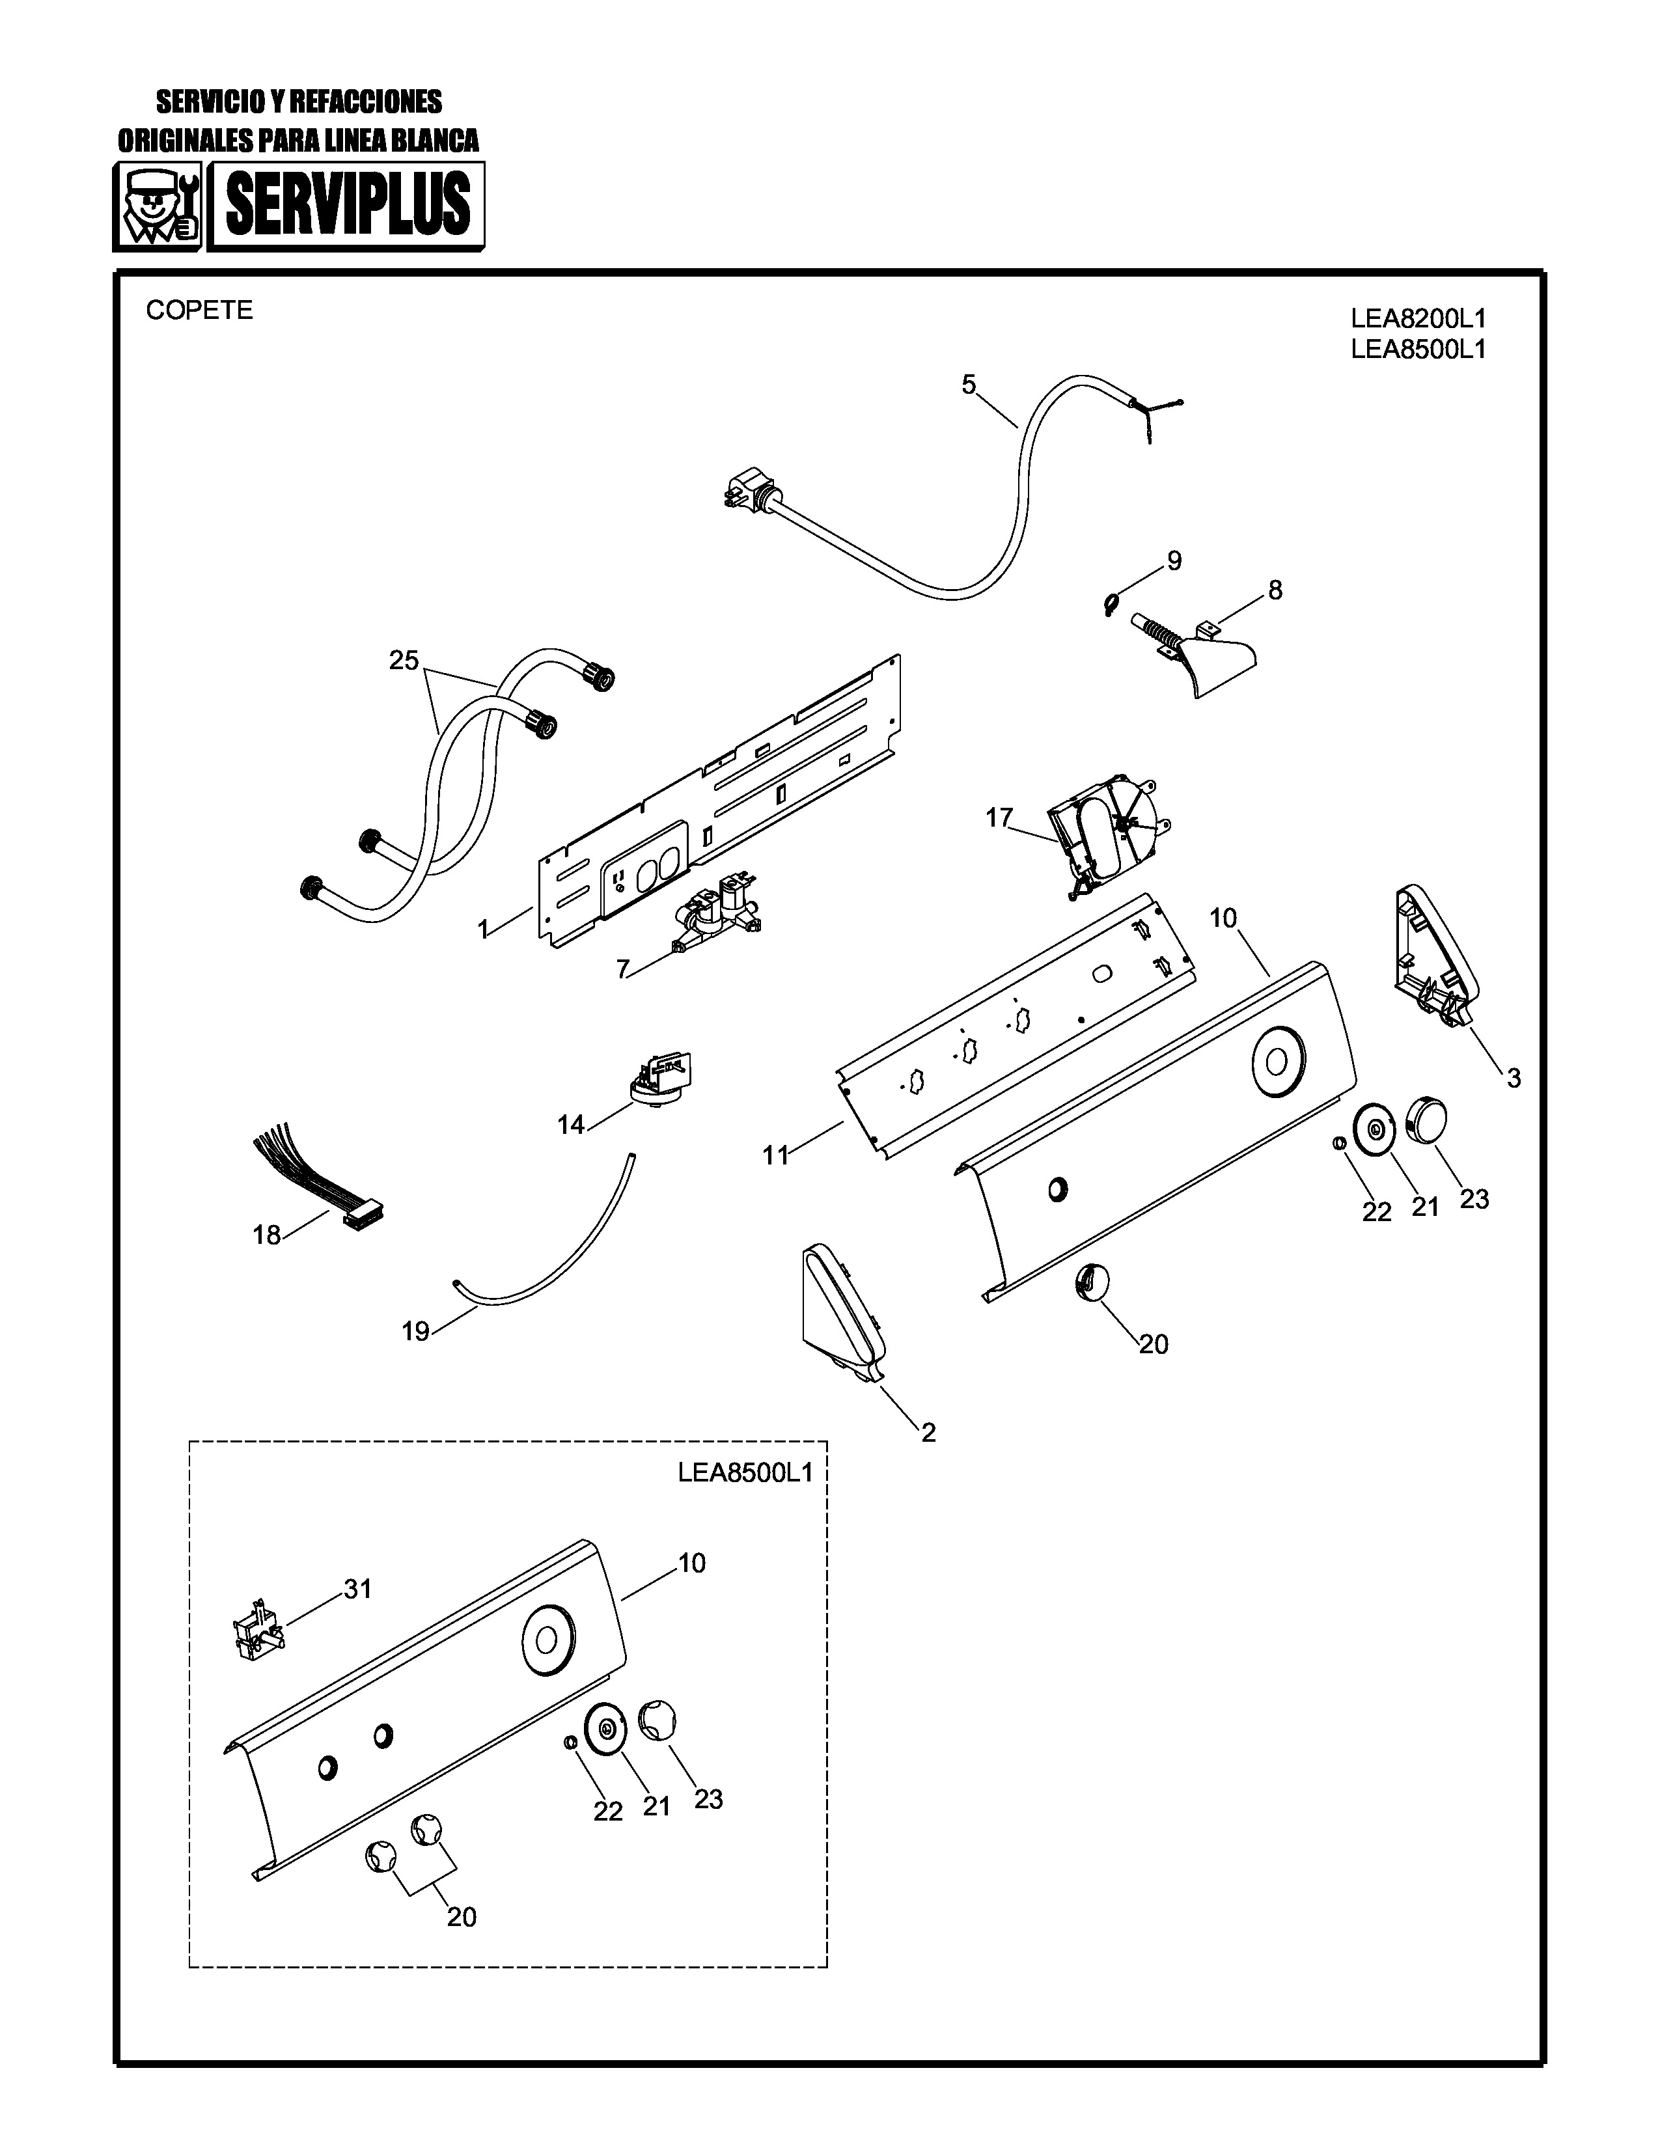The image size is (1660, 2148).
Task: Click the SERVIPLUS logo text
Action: pyautogui.click(x=346, y=206)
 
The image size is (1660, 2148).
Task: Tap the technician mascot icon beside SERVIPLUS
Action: pyautogui.click(x=158, y=206)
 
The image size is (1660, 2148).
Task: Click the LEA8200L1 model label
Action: pyautogui.click(x=1417, y=319)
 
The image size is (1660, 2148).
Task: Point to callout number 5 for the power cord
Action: pyautogui.click(x=969, y=385)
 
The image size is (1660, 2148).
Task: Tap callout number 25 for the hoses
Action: pyautogui.click(x=403, y=660)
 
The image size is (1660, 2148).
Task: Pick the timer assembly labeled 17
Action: pyautogui.click(x=1101, y=832)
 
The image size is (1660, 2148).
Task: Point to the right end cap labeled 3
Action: pyautogui.click(x=1430, y=949)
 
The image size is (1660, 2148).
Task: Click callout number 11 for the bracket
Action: pyautogui.click(x=776, y=1155)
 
